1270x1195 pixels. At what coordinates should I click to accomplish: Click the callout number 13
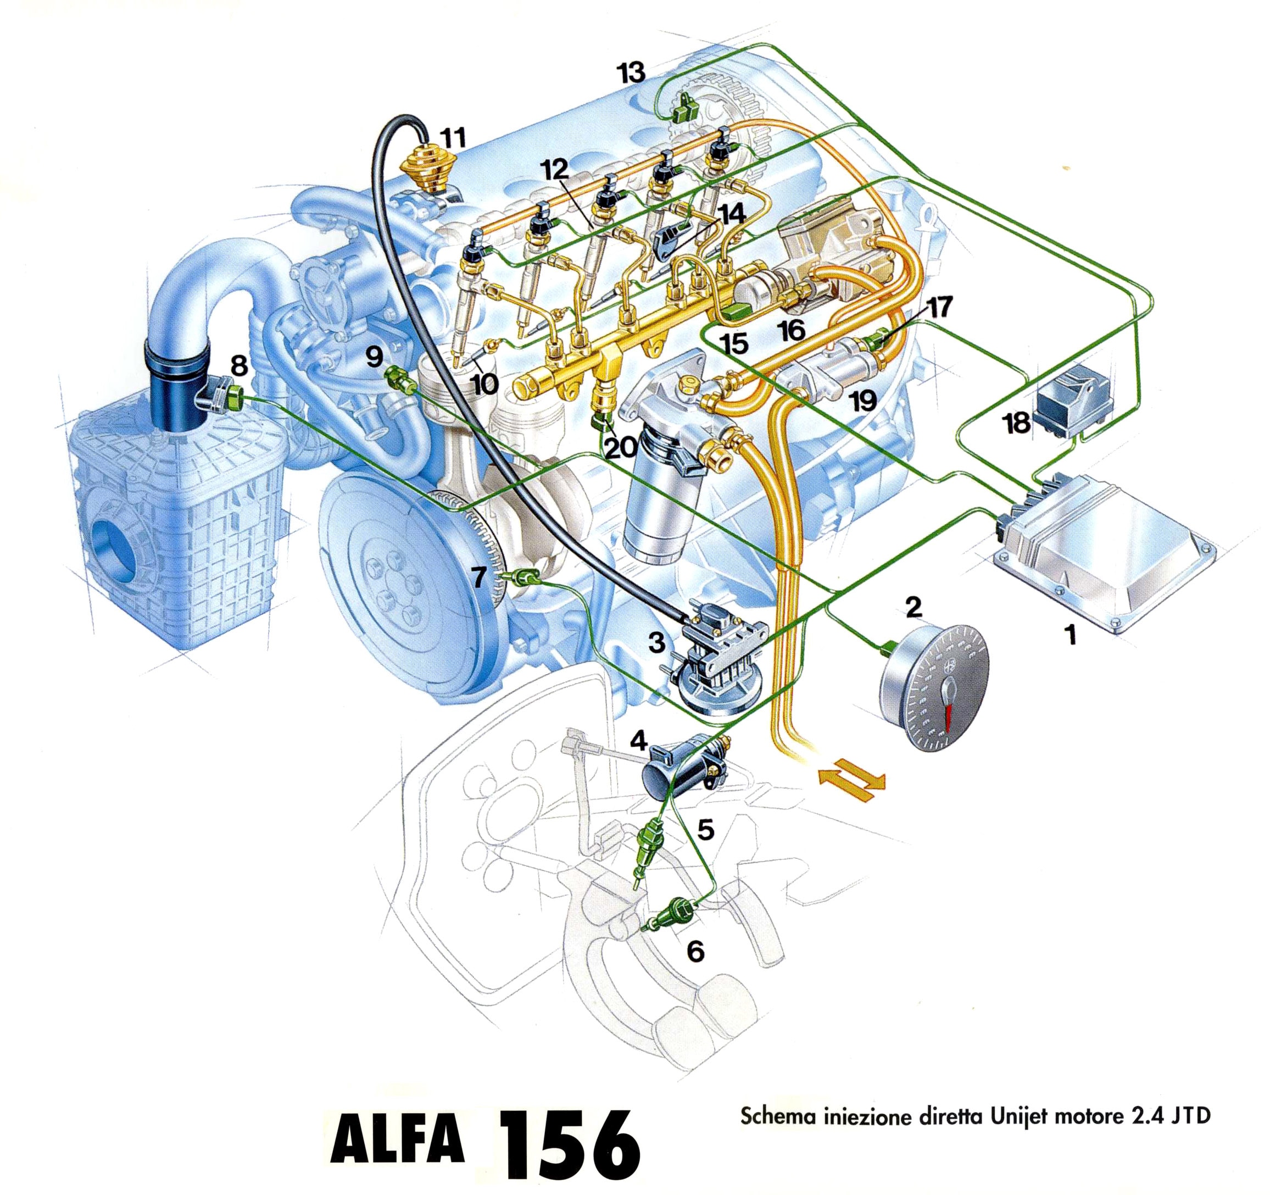631,71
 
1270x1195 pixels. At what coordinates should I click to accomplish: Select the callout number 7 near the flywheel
482,577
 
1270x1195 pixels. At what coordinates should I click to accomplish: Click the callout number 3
658,643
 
